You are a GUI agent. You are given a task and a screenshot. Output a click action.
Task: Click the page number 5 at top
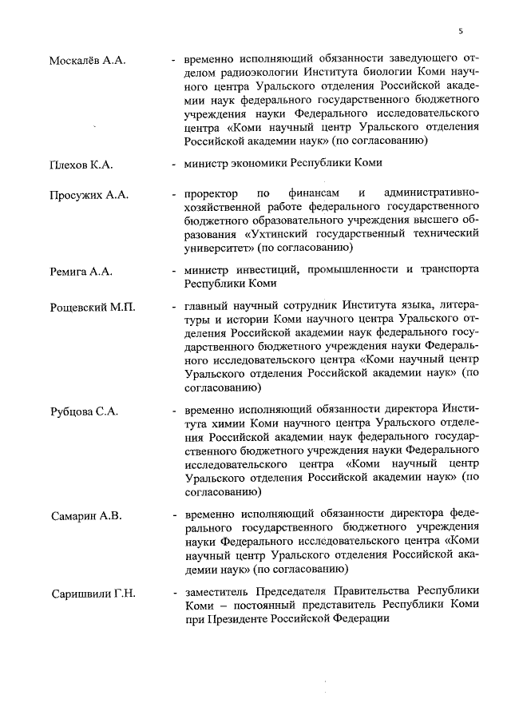[460, 31]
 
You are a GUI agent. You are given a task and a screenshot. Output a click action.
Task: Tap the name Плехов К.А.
[81, 165]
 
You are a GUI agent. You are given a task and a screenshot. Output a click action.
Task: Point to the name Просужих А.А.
[89, 195]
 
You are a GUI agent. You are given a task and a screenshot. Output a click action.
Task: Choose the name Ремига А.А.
[81, 272]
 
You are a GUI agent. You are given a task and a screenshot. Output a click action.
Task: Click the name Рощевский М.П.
[93, 308]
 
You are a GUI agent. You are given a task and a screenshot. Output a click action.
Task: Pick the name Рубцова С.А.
[85, 411]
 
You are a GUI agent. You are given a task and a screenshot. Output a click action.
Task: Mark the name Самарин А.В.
[85, 515]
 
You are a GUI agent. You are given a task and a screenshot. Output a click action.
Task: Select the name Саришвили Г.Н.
[93, 593]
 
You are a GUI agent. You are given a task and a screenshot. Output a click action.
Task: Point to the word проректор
[210, 194]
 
